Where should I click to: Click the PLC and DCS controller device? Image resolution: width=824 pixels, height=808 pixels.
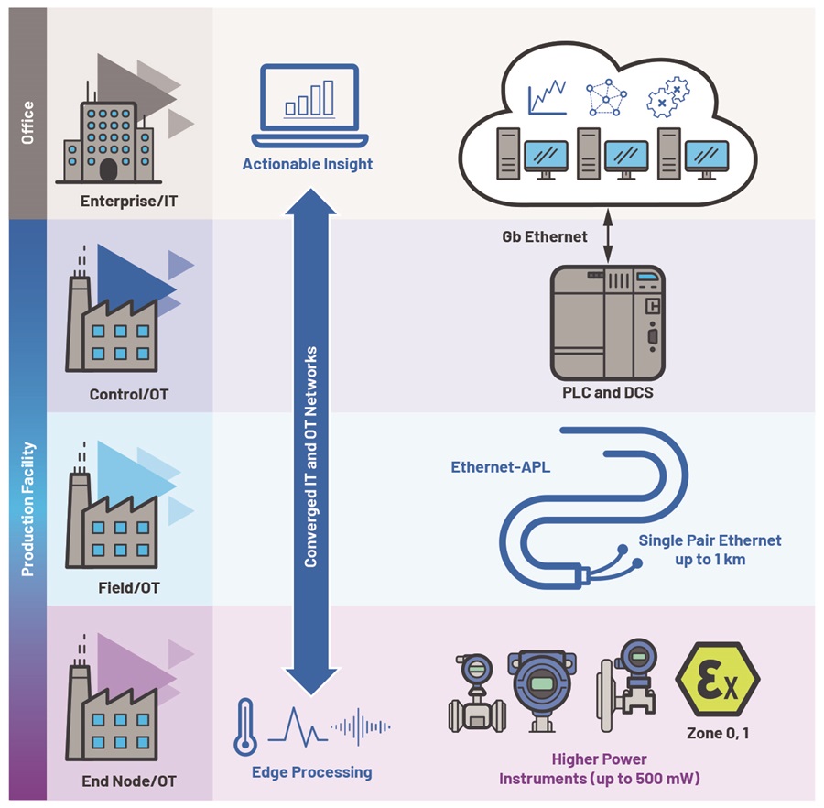(608, 322)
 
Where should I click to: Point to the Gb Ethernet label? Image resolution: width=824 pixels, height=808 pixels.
(544, 236)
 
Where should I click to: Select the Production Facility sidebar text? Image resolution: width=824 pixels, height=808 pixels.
(27, 508)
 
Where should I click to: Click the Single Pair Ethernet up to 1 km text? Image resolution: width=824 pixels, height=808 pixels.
(709, 549)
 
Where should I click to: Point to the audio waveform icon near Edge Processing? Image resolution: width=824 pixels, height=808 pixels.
(362, 727)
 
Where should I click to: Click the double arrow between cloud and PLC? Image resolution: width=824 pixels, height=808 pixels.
(608, 236)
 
